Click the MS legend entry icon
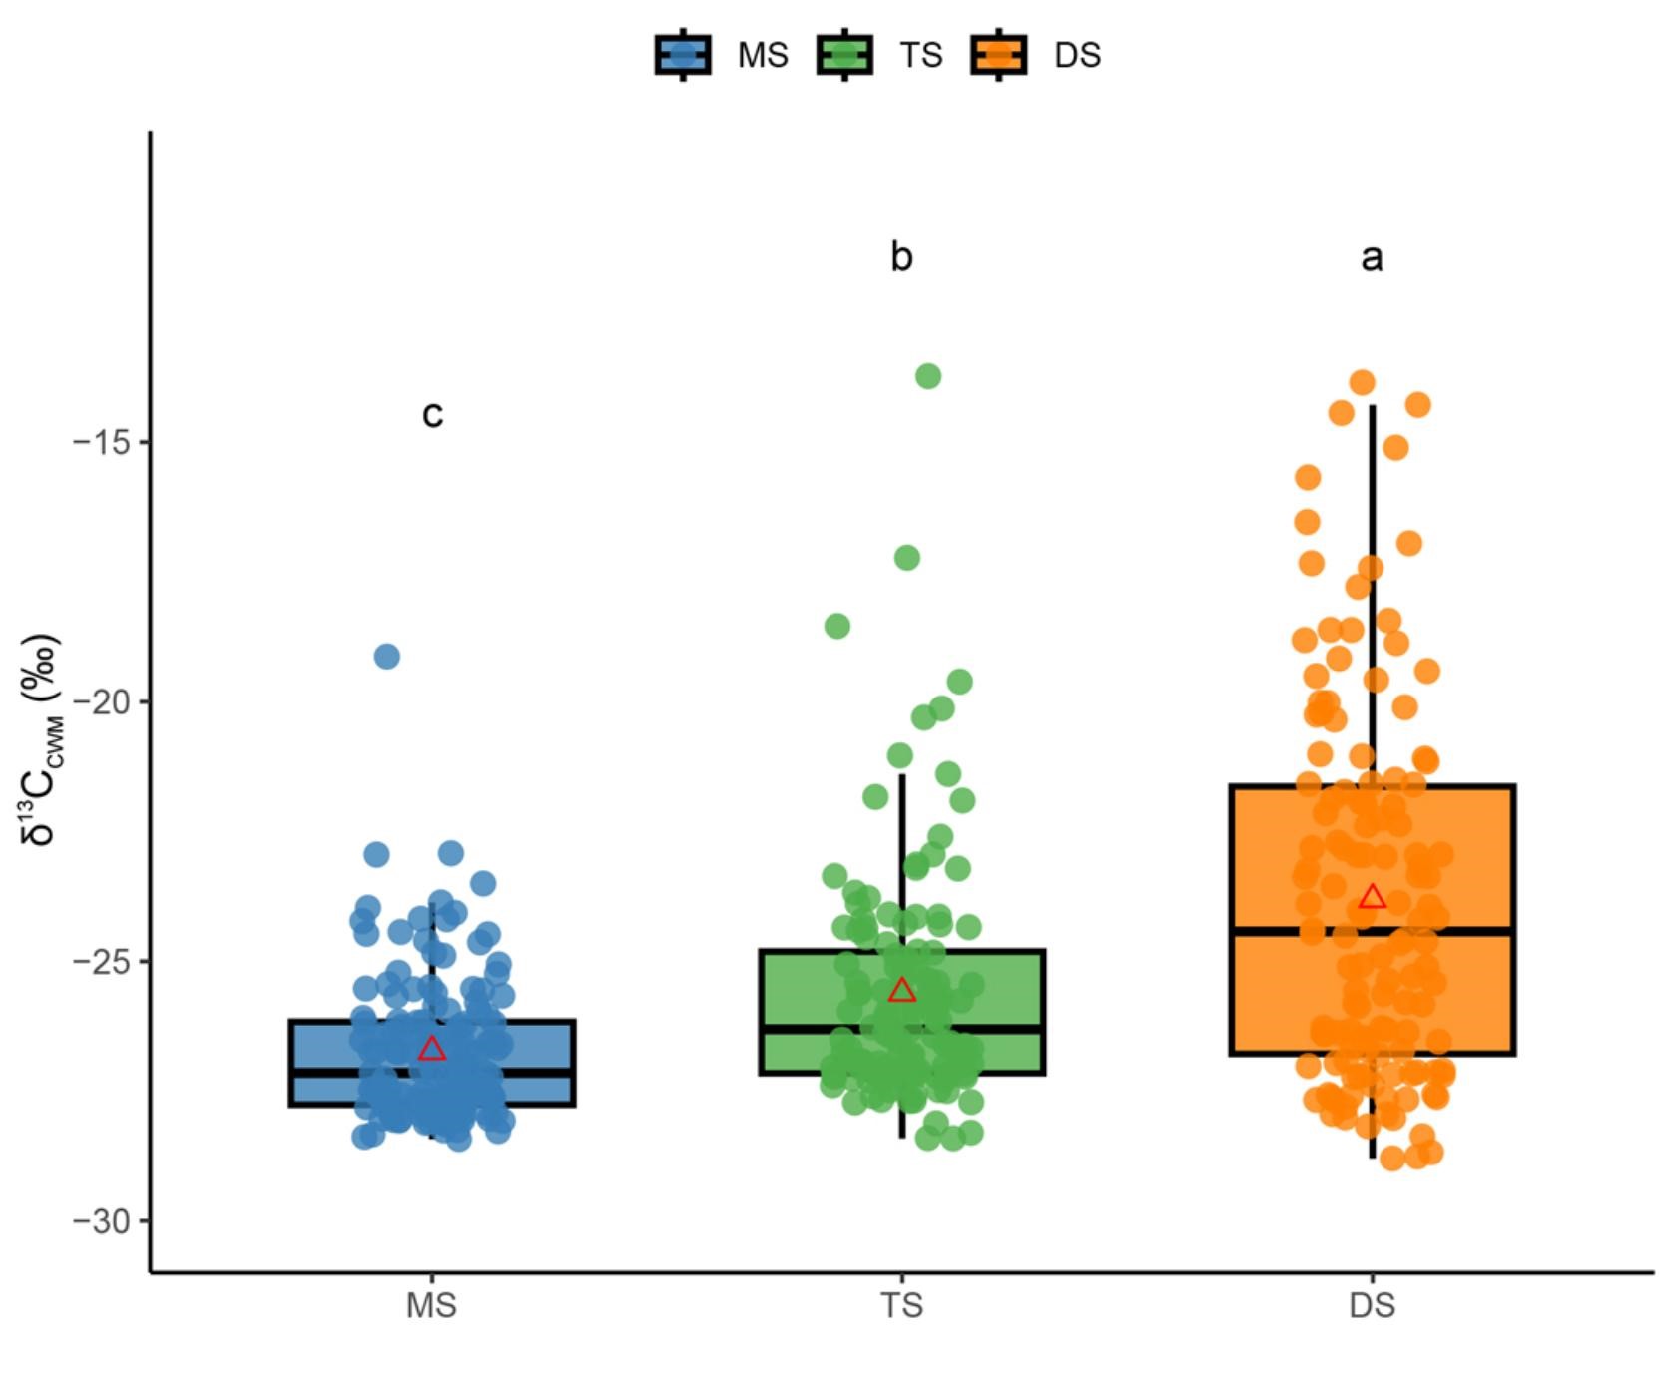[683, 54]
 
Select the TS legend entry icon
[844, 54]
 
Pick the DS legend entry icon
[998, 54]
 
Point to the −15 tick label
[103, 442]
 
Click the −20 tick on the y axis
[103, 701]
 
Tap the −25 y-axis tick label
[103, 961]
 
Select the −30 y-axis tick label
[103, 1220]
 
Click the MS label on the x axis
[431, 1306]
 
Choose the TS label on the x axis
[901, 1306]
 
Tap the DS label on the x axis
[1372, 1306]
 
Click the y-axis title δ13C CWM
[42, 738]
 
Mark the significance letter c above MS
[432, 414]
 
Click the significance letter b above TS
[901, 257]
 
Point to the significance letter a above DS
[1372, 258]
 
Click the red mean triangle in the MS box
[431, 1049]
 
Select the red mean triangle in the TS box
[901, 991]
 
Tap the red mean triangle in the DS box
[1372, 897]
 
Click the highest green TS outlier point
[928, 376]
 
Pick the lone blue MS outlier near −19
[386, 657]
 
